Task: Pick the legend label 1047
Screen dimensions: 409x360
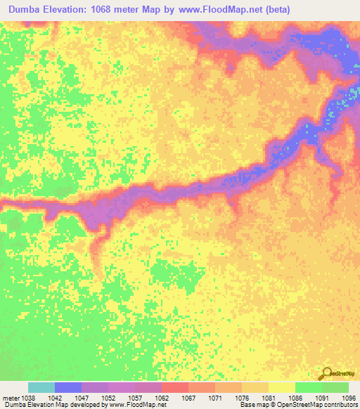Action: coord(82,397)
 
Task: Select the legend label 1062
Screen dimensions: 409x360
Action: coord(162,397)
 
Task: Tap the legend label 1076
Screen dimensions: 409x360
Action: coord(242,397)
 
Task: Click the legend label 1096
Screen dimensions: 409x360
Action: coord(348,397)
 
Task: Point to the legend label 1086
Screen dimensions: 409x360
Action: coord(295,397)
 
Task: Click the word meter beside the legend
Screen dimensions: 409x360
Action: coord(10,397)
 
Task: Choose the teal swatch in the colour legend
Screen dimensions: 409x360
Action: coord(41,387)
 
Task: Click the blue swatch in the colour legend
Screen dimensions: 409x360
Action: coord(68,387)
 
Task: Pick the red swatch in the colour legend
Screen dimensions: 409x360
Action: coord(175,387)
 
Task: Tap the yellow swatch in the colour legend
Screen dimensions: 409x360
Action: coord(282,387)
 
